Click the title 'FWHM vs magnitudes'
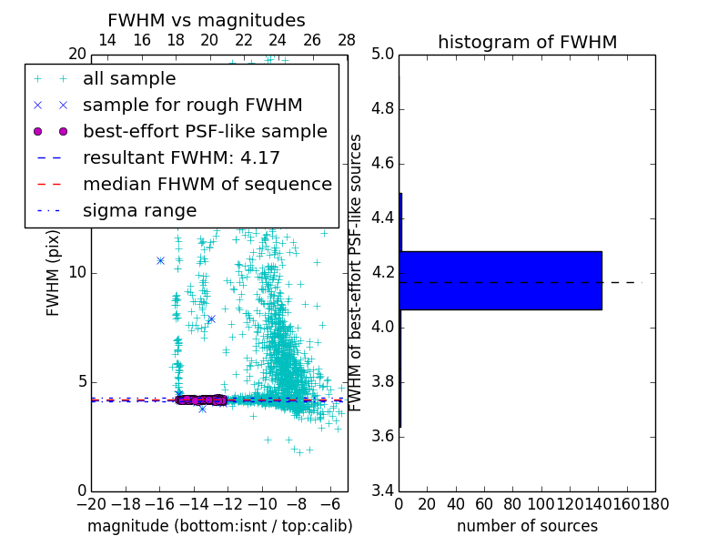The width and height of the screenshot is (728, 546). point(207,20)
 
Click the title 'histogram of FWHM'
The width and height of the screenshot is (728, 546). point(527,42)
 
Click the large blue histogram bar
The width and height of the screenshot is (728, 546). point(500,280)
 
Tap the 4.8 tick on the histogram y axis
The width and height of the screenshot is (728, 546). point(383,109)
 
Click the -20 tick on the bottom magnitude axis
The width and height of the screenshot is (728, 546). point(91,503)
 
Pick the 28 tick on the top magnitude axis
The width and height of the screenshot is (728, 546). point(347,41)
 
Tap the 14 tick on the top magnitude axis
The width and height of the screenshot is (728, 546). point(106,41)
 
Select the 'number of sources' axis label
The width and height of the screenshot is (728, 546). point(527,526)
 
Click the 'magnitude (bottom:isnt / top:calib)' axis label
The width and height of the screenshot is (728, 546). point(219,526)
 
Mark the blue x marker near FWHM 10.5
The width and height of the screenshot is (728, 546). point(160,260)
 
